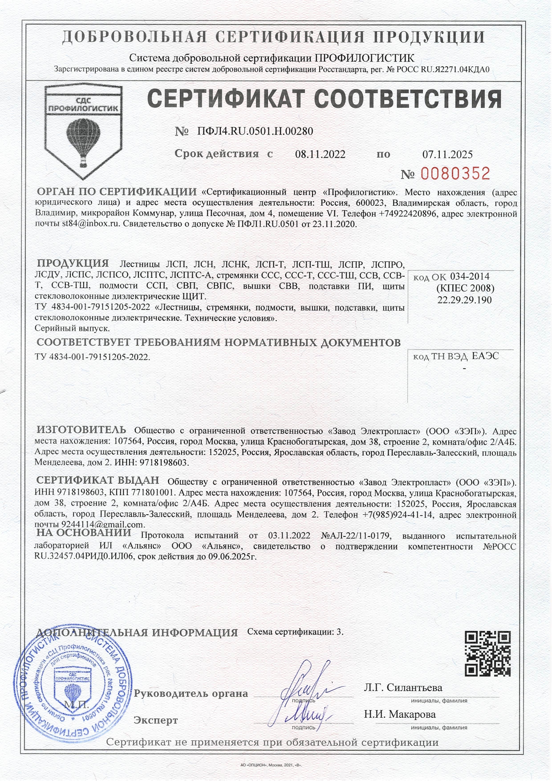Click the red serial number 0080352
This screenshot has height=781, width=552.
tap(455, 173)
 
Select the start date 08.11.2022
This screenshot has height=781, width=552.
tap(320, 155)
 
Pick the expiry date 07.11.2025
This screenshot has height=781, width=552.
tap(447, 155)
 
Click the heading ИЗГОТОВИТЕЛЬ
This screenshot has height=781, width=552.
tap(81, 430)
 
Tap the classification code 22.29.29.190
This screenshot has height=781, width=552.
tap(464, 300)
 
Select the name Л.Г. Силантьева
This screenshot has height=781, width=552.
tap(403, 687)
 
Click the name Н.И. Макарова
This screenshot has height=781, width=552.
tap(400, 715)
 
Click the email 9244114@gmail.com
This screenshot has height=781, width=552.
tap(103, 525)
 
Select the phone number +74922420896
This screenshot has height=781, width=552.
tap(407, 214)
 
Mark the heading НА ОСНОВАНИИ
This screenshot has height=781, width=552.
tap(84, 533)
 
